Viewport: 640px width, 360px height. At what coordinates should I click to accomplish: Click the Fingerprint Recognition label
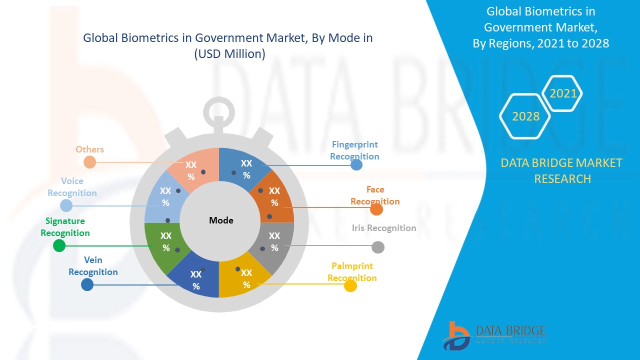click(x=354, y=150)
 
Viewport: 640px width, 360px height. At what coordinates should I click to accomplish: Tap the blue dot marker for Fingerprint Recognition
click(x=356, y=164)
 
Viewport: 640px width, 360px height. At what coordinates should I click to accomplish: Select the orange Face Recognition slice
click(x=273, y=196)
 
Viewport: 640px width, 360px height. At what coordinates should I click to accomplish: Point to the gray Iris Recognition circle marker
click(x=378, y=247)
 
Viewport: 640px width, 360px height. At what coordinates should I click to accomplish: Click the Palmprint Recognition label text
click(x=352, y=272)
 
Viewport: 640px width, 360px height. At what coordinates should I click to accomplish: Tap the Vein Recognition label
click(x=93, y=266)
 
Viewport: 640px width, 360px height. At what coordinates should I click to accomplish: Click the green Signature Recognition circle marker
click(x=59, y=245)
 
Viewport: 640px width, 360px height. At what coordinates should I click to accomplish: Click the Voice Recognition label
click(x=72, y=187)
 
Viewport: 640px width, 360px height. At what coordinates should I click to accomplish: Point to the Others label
click(x=90, y=149)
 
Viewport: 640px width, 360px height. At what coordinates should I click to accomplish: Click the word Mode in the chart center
click(x=221, y=220)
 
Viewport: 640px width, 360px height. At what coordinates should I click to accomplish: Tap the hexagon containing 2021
click(x=563, y=93)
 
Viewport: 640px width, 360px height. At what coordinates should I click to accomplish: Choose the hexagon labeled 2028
click(x=525, y=116)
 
